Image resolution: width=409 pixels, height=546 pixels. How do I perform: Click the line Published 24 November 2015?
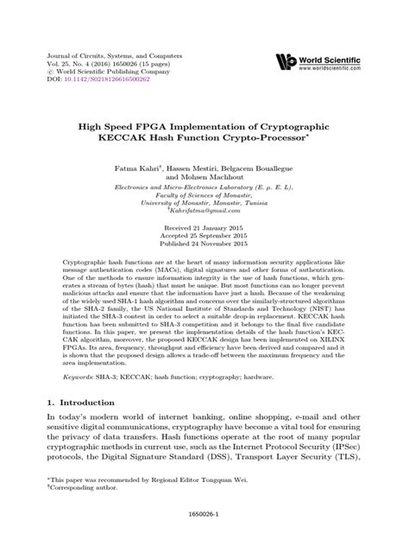[204, 246]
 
